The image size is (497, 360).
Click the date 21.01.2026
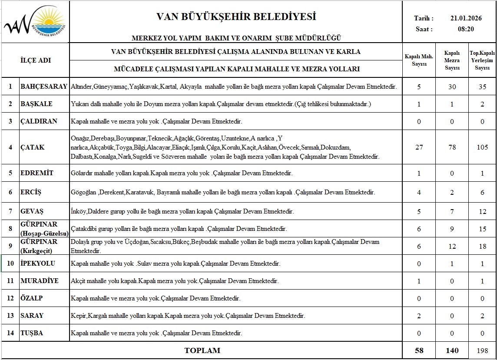click(465, 18)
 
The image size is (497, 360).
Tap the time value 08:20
click(465, 29)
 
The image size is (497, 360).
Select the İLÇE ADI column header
click(36, 60)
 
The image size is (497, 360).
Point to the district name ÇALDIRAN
click(39, 121)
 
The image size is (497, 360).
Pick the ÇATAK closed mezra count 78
click(452, 147)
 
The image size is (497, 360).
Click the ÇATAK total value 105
click(482, 147)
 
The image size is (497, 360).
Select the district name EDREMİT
click(37, 173)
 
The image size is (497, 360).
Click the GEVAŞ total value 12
click(482, 212)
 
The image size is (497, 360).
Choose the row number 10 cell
click(10, 263)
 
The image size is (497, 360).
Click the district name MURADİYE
click(39, 281)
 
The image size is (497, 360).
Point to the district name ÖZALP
click(32, 298)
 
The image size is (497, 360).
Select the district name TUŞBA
click(32, 333)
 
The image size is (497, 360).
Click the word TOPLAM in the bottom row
click(202, 350)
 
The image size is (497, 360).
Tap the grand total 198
click(482, 350)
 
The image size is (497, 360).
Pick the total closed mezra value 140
click(452, 350)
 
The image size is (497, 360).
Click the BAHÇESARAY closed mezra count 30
click(452, 87)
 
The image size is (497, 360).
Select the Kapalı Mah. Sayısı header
click(419, 60)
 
